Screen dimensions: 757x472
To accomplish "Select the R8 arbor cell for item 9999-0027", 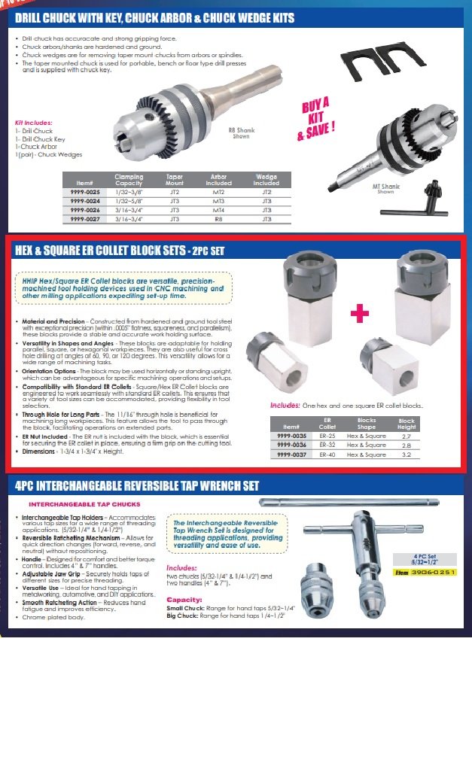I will pyautogui.click(x=218, y=220).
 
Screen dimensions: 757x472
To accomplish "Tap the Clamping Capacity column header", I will pyautogui.click(x=129, y=180).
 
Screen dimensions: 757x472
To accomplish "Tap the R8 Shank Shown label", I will pyautogui.click(x=242, y=133).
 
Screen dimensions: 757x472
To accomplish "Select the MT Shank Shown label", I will pyautogui.click(x=385, y=189).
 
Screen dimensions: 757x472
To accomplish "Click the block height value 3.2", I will pyautogui.click(x=407, y=455).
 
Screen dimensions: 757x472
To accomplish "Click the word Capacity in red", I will pyautogui.click(x=184, y=600).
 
